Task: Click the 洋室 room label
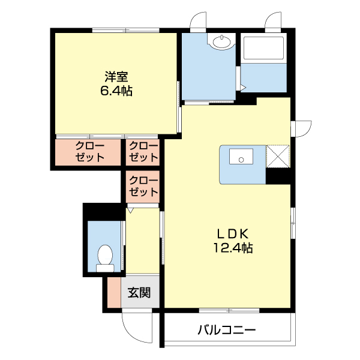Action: coord(116,77)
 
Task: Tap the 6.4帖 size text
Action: coord(116,91)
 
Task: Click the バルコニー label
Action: coord(226,330)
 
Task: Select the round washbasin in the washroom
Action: coord(221,41)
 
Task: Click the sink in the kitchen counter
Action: coord(242,160)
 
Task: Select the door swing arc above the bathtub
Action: coord(274,20)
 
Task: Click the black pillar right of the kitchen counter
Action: coord(278,175)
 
